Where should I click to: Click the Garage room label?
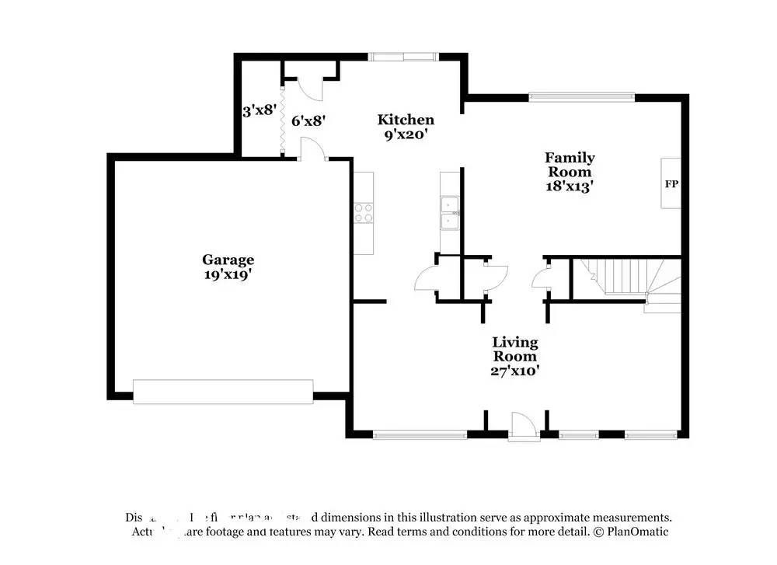click(x=228, y=260)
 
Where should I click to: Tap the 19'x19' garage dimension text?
click(x=228, y=274)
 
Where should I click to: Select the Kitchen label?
click(x=406, y=120)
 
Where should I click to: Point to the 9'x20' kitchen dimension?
click(x=406, y=134)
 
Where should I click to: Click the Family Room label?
click(x=570, y=165)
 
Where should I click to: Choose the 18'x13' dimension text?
click(x=570, y=187)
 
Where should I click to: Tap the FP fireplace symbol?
click(x=671, y=184)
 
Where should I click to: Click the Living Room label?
click(x=514, y=349)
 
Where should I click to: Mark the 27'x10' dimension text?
click(x=514, y=371)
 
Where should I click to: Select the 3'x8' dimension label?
click(x=259, y=110)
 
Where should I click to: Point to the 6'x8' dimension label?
click(x=308, y=120)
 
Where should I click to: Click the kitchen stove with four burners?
click(x=364, y=212)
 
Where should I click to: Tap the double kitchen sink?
click(x=450, y=214)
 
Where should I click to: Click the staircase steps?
click(x=622, y=276)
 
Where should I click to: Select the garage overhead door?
click(x=223, y=392)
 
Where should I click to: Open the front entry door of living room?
click(x=521, y=428)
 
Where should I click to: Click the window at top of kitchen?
click(x=402, y=56)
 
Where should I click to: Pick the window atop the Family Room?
click(x=581, y=97)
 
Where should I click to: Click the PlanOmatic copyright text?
click(x=631, y=532)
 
